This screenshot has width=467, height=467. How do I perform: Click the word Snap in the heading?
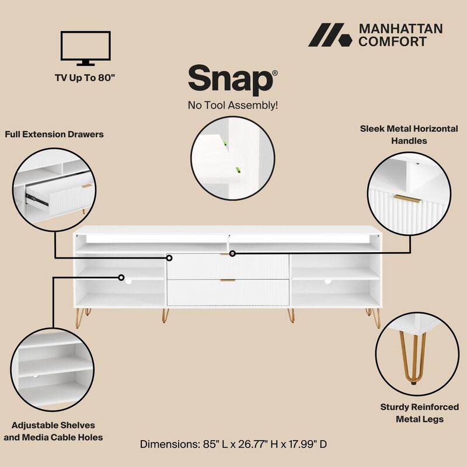click(230, 79)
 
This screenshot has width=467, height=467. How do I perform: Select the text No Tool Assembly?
click(232, 106)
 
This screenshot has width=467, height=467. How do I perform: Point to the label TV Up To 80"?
click(85, 76)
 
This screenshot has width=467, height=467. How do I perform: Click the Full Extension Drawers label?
click(54, 134)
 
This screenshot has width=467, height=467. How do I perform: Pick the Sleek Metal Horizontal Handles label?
click(409, 134)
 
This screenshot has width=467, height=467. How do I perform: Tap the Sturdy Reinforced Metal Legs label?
click(419, 413)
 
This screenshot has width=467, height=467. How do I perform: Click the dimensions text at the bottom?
click(233, 444)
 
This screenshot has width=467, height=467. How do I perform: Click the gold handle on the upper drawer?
click(227, 255)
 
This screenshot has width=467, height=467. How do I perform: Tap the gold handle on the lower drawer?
click(228, 280)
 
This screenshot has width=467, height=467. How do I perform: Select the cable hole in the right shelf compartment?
click(328, 282)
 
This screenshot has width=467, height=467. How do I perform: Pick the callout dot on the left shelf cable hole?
click(122, 278)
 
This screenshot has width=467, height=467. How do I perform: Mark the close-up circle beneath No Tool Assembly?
click(233, 158)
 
